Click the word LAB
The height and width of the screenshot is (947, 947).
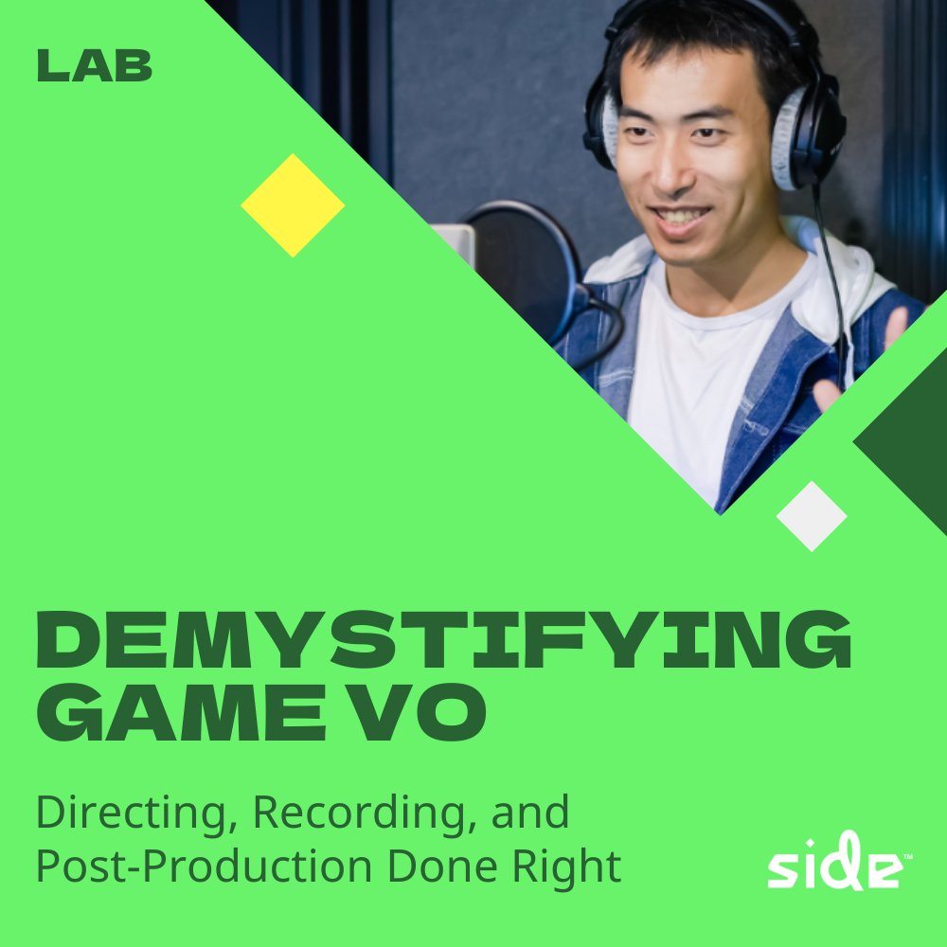[x=95, y=65]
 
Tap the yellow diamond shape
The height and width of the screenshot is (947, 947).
[x=293, y=205]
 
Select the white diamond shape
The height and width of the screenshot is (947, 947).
[x=812, y=516]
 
